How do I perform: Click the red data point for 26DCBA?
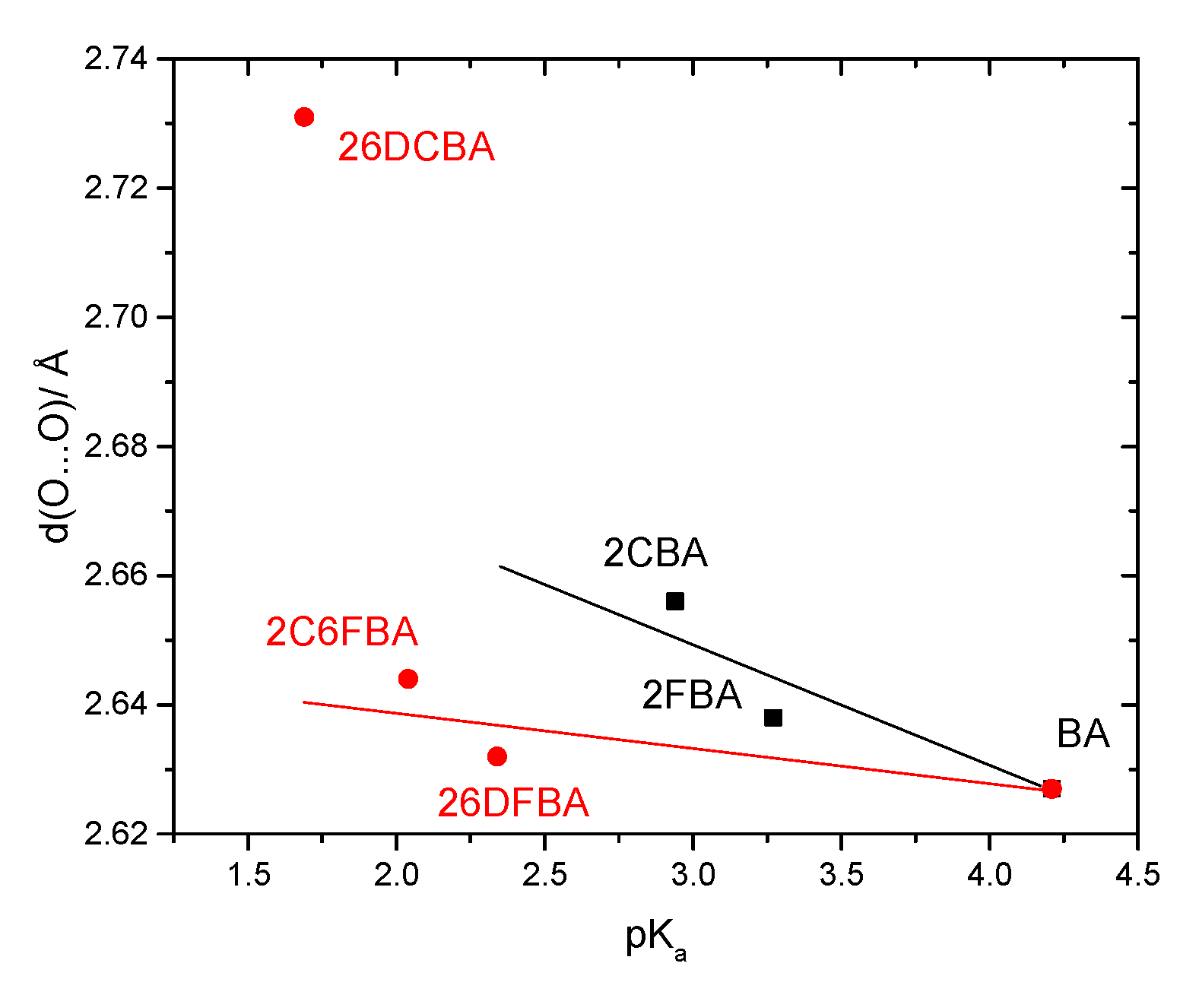pos(304,117)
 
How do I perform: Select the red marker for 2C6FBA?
pos(408,679)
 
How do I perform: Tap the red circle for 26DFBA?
pos(497,756)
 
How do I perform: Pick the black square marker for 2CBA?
pos(675,602)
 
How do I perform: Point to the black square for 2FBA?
pos(773,718)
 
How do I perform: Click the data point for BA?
pos(1052,789)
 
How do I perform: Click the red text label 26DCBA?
pos(416,147)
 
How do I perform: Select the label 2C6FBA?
pos(341,632)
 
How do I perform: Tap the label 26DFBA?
pos(513,803)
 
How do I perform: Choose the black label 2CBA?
pos(655,553)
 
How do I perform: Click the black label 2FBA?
pos(692,696)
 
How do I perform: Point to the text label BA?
pos(1083,734)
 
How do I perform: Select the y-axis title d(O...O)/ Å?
pos(55,446)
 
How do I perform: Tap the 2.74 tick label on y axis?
pos(116,59)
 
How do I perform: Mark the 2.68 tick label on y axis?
pos(116,446)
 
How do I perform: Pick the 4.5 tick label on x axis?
pos(1137,875)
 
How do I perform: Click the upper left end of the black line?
pos(500,566)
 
